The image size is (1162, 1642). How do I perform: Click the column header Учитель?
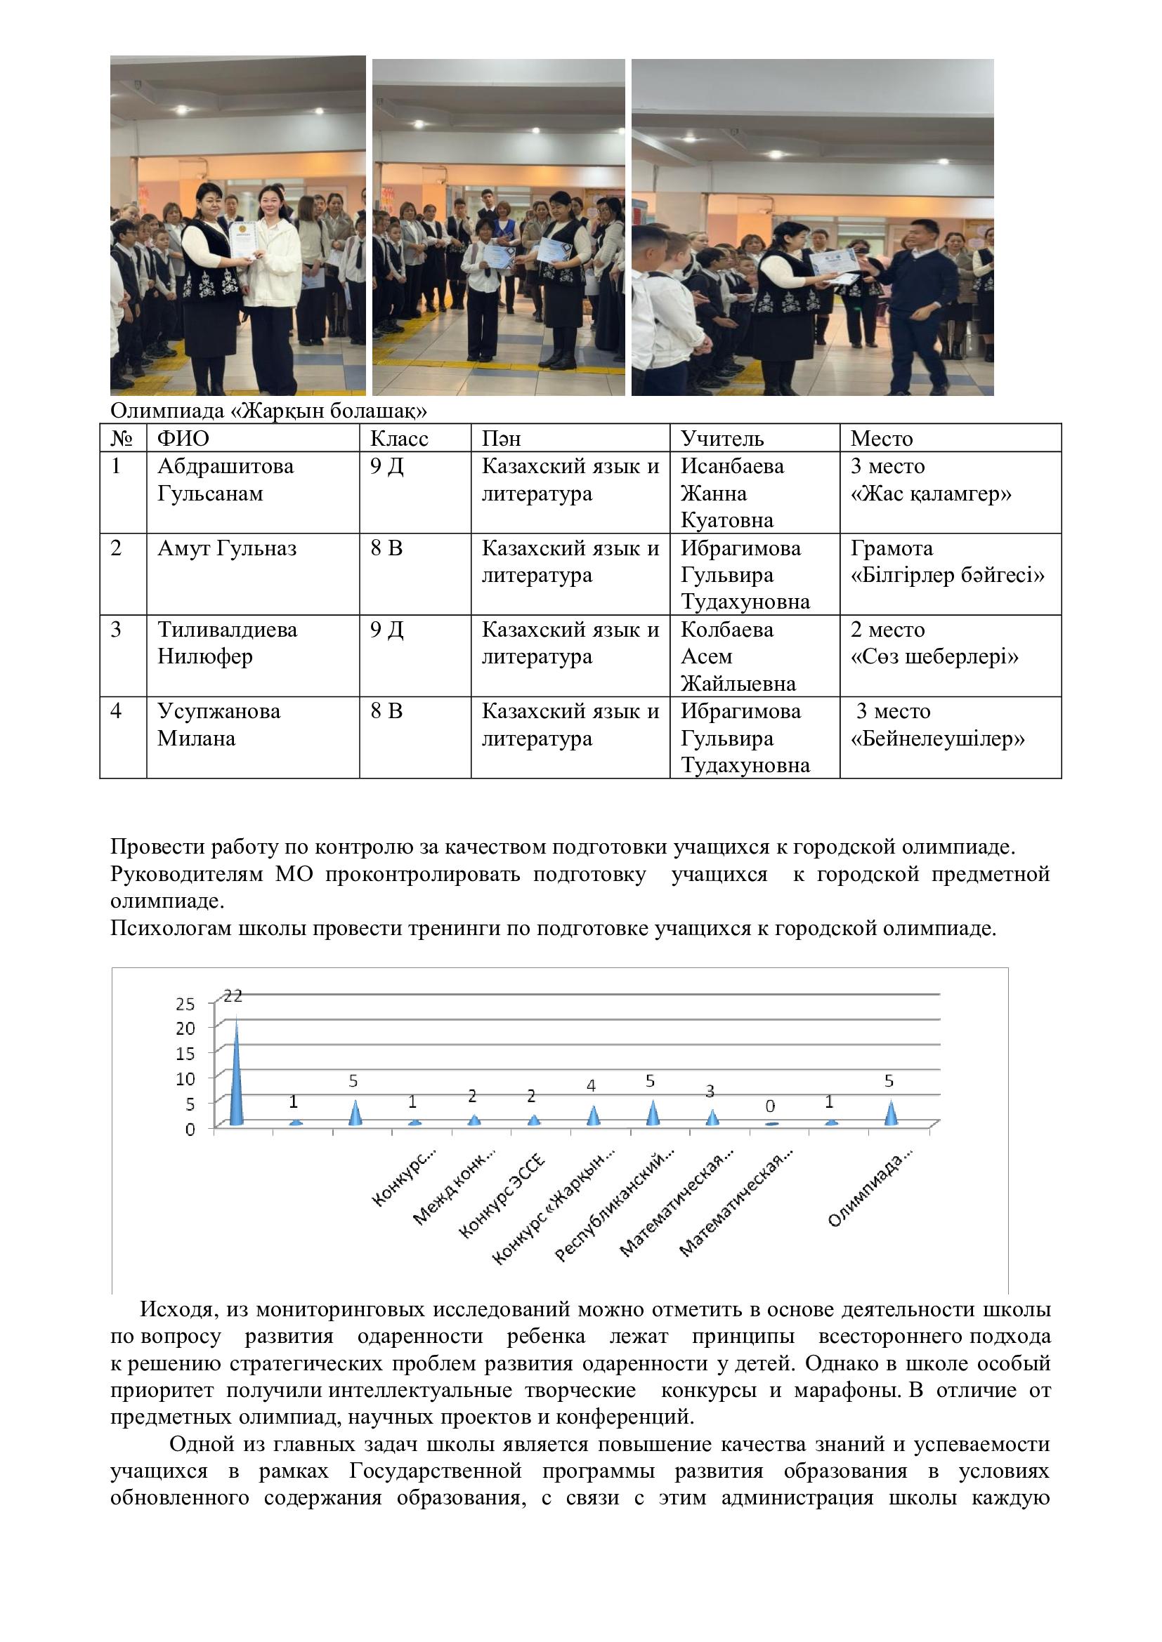[x=722, y=437]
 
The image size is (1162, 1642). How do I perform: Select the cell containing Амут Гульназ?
[x=227, y=548]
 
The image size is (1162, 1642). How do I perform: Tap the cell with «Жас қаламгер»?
[x=931, y=494]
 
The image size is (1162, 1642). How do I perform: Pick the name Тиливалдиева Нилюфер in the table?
[x=227, y=643]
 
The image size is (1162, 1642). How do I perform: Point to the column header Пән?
[x=501, y=437]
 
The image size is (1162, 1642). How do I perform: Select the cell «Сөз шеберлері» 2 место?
[x=934, y=643]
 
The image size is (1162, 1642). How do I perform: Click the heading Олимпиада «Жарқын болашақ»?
[x=268, y=411]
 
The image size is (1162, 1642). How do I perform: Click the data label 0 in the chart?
[x=770, y=1106]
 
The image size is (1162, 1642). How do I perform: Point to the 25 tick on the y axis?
[x=185, y=1004]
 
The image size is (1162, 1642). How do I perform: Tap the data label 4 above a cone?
[x=591, y=1085]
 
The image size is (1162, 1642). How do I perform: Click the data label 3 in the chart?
[x=710, y=1091]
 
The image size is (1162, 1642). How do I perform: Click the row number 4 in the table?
[x=116, y=712]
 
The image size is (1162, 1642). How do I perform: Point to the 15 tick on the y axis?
[x=185, y=1054]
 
